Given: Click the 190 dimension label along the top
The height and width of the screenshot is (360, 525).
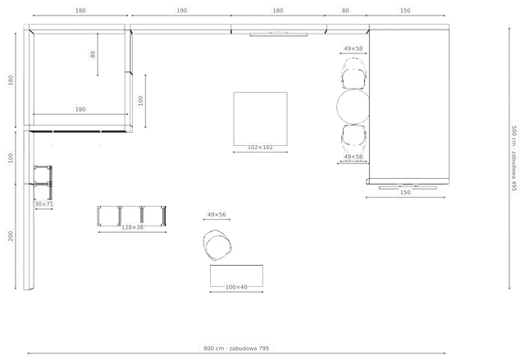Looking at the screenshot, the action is coord(182,11).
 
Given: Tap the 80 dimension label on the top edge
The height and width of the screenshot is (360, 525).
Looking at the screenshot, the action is coord(345,11).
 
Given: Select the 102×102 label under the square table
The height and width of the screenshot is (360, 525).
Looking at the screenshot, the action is coord(260,147).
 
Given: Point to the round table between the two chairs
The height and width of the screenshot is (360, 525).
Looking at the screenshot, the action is coord(354,107).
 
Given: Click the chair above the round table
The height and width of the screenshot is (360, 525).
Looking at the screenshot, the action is coord(354,74).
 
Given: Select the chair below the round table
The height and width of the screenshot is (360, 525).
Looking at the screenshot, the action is coord(354,137).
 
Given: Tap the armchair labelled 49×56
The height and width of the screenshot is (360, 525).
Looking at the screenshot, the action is coord(217,245).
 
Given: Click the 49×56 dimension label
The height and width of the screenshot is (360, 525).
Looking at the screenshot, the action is coord(217,215).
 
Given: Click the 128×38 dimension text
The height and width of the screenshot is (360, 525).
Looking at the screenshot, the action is coord(132,227).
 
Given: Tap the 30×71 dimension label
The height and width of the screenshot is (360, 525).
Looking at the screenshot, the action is coord(43,203).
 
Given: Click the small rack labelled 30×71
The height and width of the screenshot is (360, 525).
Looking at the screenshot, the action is coord(43,182).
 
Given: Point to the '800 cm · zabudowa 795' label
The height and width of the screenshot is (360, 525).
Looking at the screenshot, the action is coord(236,349).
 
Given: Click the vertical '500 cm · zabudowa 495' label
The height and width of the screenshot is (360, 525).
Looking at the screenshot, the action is coord(514,158).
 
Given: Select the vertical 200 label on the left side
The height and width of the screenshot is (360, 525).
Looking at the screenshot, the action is coord(11,236).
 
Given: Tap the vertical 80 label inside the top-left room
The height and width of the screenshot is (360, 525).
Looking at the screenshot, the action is coord(93,54).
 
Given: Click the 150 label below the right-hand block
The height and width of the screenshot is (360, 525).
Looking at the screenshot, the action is coord(405,193).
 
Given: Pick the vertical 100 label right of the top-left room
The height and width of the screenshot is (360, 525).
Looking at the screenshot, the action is coord(140,101).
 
